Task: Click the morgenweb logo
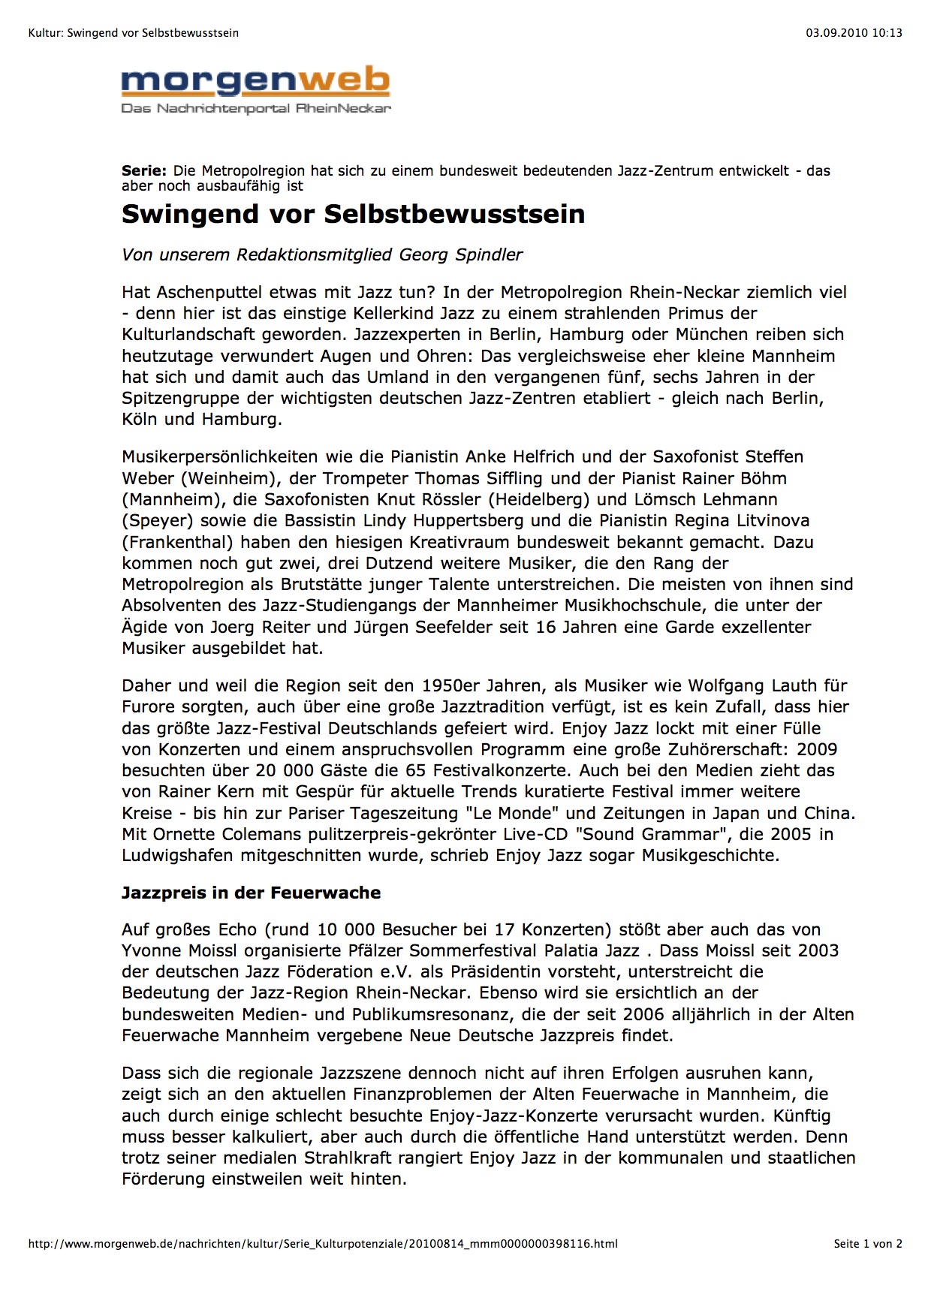click(x=255, y=81)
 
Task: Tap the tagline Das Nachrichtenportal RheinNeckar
click(x=256, y=109)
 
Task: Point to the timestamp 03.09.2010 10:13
click(x=854, y=32)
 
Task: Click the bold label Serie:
click(x=143, y=171)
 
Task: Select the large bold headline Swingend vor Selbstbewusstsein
click(x=353, y=214)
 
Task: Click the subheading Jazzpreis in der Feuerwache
click(x=251, y=893)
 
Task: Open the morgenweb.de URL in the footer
click(x=323, y=1244)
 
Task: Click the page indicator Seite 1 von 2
click(x=867, y=1244)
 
